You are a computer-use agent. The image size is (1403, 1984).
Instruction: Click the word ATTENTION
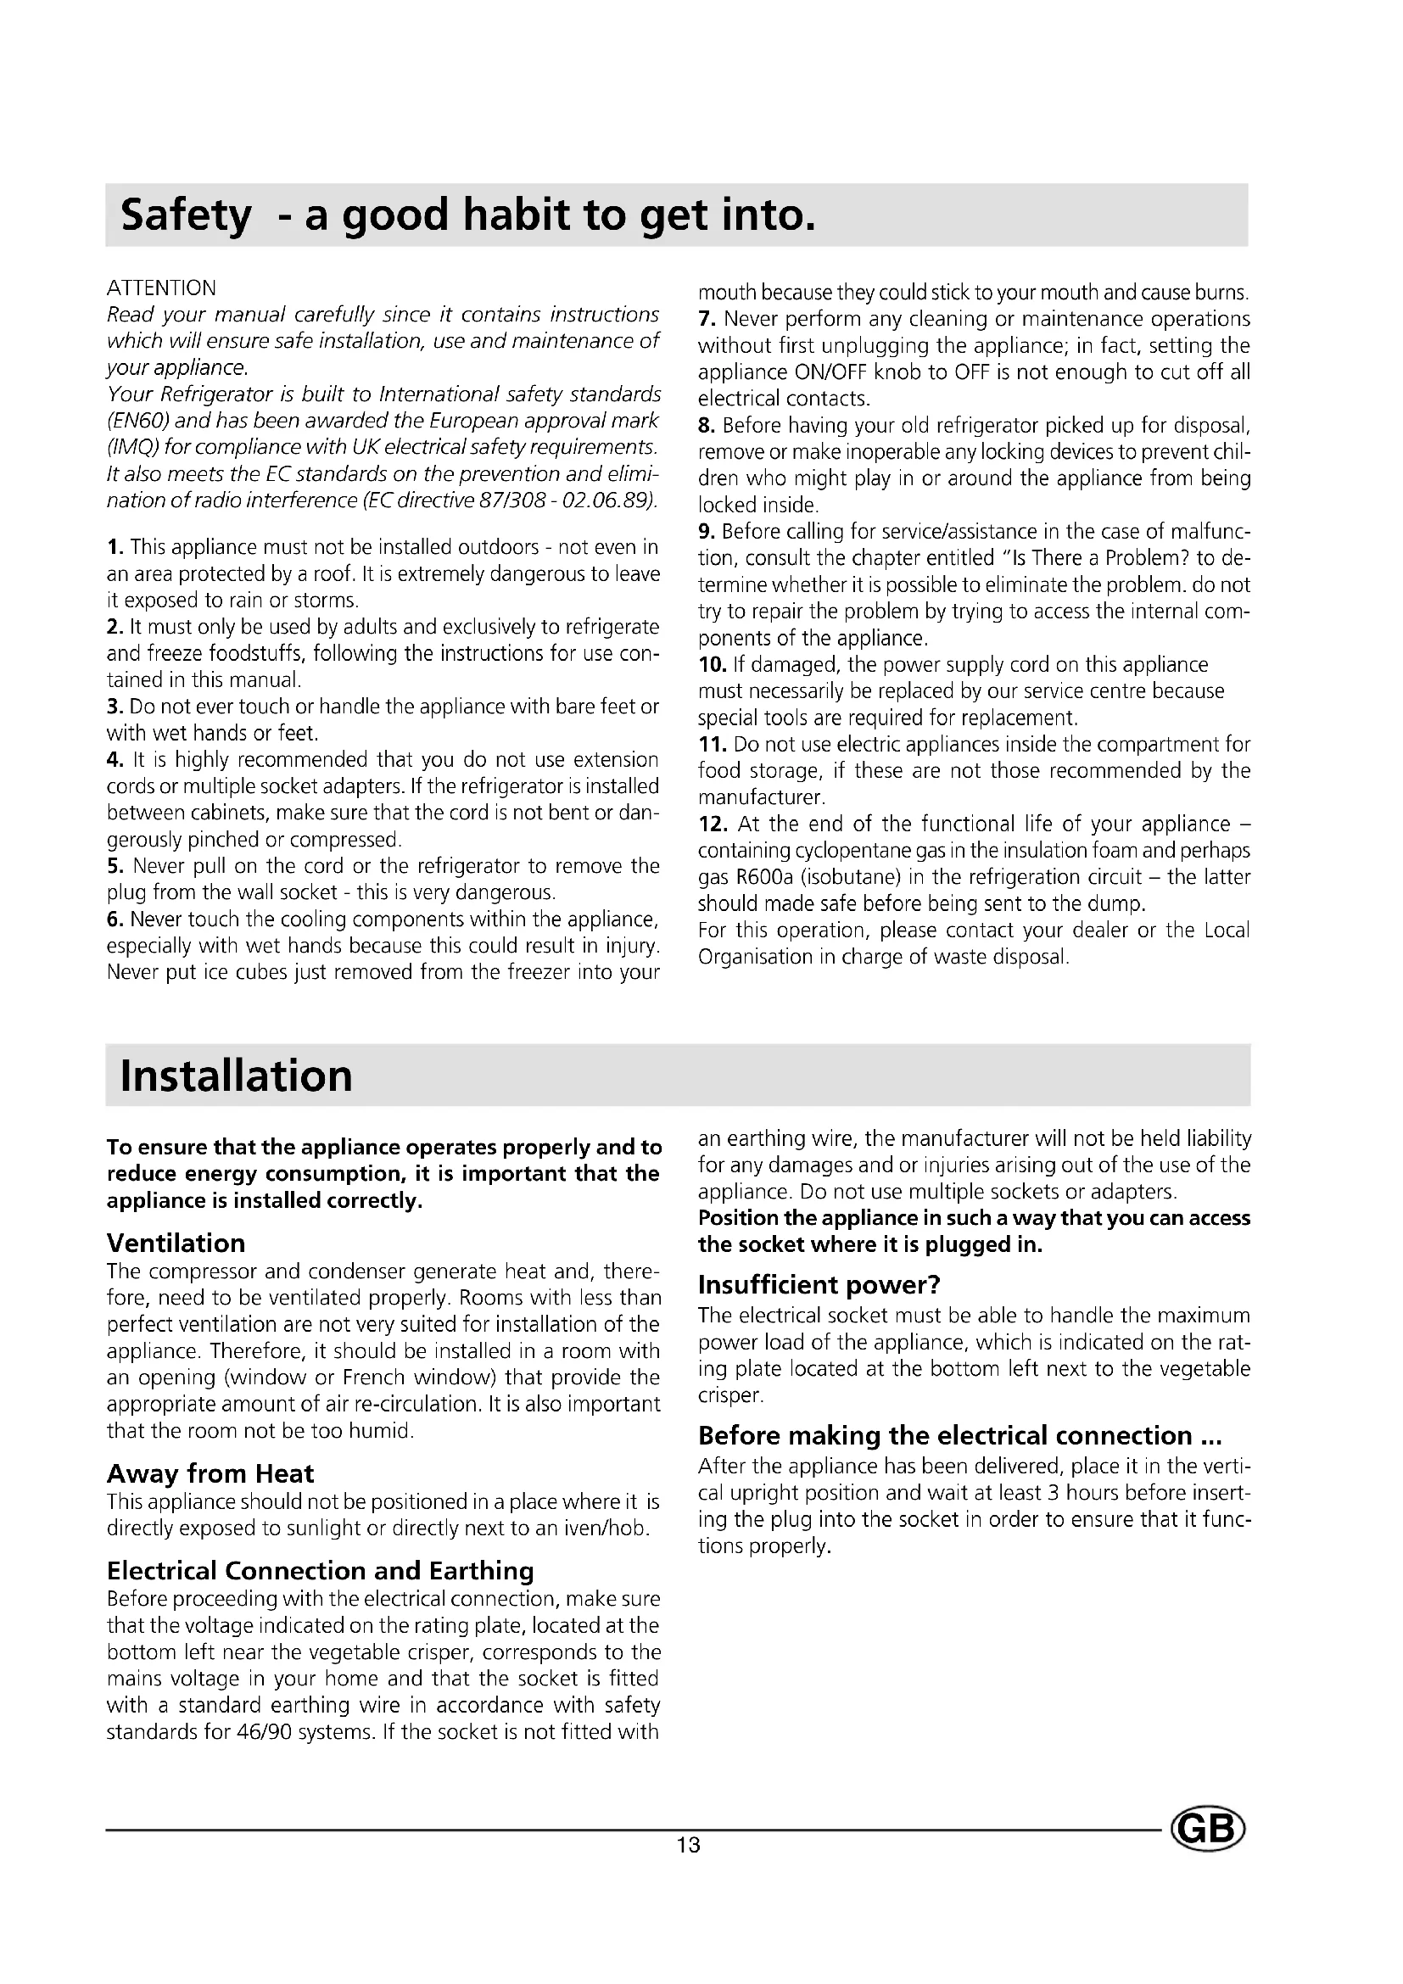(161, 288)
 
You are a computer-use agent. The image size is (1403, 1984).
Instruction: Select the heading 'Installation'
(236, 1076)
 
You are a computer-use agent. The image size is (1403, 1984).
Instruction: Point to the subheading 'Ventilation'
(176, 1243)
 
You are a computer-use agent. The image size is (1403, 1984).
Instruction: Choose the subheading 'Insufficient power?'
(818, 1285)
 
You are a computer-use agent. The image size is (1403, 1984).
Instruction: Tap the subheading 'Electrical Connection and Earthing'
(320, 1570)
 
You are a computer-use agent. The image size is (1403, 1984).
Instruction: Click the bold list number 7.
(706, 319)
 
